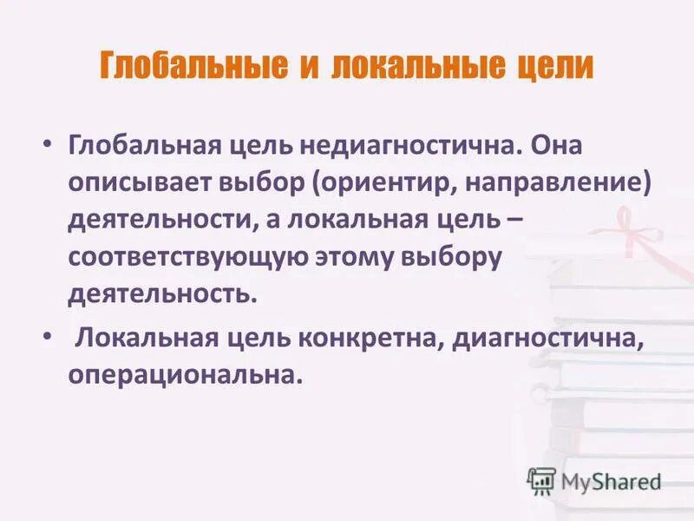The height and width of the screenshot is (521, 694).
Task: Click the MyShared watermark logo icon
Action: click(x=541, y=480)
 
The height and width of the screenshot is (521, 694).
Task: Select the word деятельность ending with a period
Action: click(x=163, y=293)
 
